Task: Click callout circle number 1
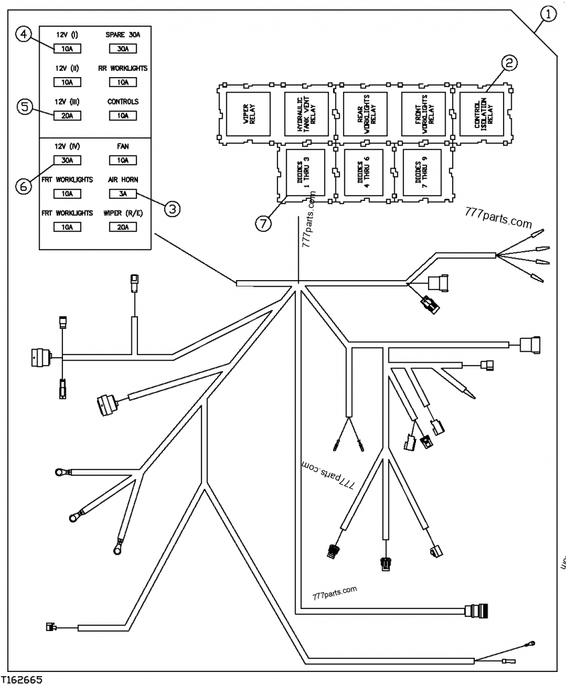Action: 548,13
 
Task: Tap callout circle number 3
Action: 172,208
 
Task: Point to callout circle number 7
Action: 263,224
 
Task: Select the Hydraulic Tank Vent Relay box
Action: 305,113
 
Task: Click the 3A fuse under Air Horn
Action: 122,192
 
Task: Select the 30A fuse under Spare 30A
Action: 122,49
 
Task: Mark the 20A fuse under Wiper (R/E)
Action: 122,227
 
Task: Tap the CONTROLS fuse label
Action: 122,101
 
